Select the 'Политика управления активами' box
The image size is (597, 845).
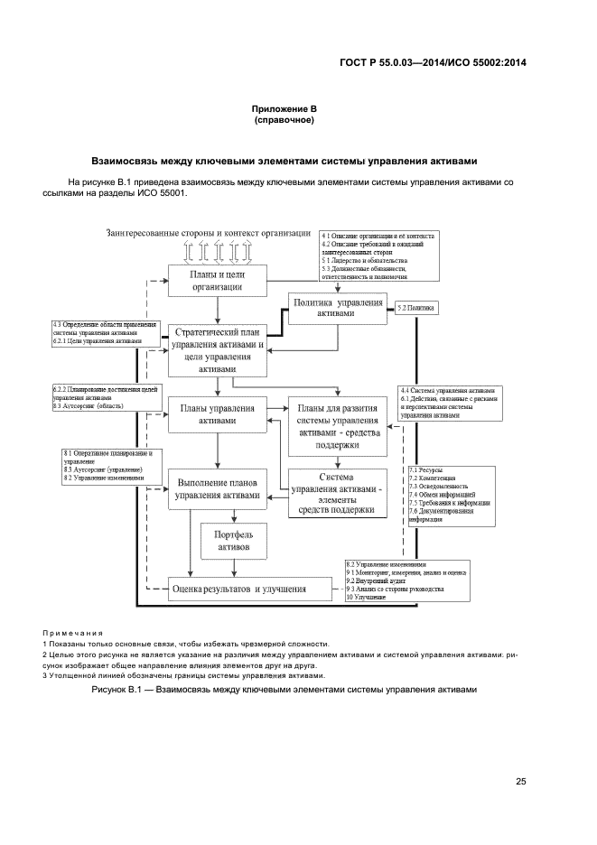[x=339, y=308]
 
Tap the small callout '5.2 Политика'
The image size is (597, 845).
[x=416, y=309]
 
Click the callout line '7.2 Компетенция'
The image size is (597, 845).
[x=433, y=478]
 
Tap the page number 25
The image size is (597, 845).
[x=520, y=782]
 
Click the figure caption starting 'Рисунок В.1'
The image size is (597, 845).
[x=283, y=690]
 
